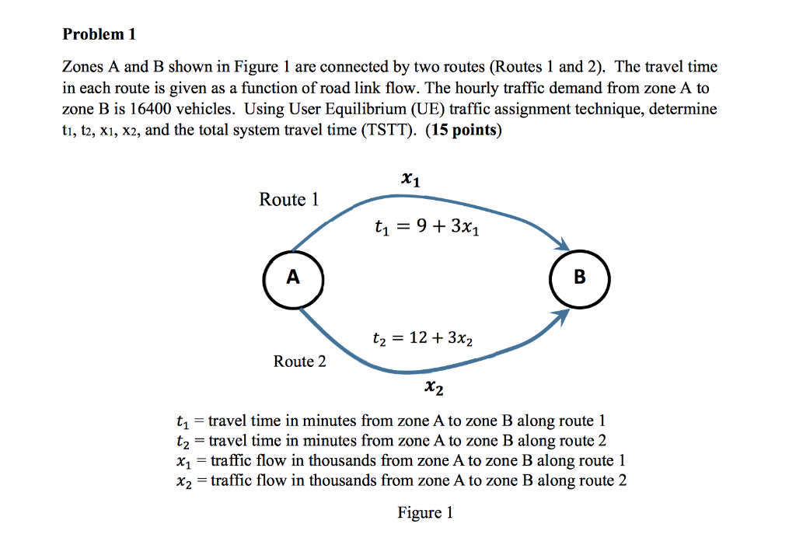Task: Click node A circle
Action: (x=292, y=278)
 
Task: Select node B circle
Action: (x=579, y=278)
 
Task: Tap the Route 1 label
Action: (x=288, y=200)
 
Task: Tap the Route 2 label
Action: (x=299, y=362)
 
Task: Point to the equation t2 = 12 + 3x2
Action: (x=422, y=339)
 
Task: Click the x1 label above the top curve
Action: (x=411, y=180)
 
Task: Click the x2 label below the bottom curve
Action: (x=435, y=386)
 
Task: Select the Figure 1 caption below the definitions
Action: (x=424, y=512)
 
